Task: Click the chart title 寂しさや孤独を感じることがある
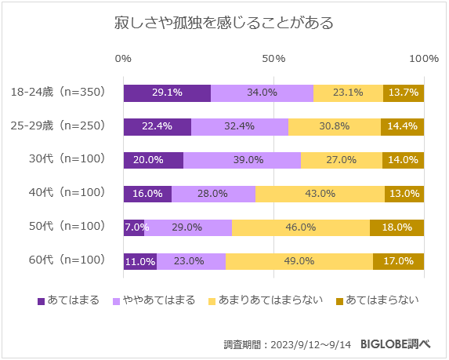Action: click(x=224, y=23)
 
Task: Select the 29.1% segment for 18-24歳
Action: click(x=167, y=93)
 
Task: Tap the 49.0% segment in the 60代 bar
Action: click(x=299, y=261)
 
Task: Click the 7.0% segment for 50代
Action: click(x=133, y=227)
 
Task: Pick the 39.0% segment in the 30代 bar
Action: click(x=242, y=160)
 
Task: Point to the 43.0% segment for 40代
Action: click(x=320, y=194)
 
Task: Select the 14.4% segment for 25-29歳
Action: click(x=402, y=126)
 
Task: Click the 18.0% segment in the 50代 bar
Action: click(x=396, y=227)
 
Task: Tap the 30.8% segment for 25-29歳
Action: click(x=335, y=126)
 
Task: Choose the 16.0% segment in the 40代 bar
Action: click(x=147, y=194)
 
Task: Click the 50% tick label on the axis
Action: click(x=273, y=60)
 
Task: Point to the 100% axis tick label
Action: click(x=424, y=60)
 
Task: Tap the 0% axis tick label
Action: click(x=123, y=60)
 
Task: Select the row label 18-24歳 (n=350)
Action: click(x=58, y=93)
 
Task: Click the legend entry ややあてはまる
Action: click(x=154, y=300)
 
